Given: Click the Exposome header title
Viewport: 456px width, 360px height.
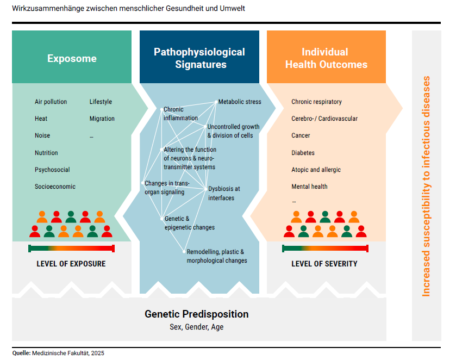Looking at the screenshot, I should (72, 59).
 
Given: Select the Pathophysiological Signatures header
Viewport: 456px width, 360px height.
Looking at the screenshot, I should (199, 58).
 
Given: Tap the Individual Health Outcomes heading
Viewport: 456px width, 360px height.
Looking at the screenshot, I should (326, 58).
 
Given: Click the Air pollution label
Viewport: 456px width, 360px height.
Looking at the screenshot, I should (51, 102).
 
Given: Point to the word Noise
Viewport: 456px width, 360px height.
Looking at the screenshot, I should (42, 136).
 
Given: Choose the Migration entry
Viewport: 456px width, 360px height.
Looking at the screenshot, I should (102, 119).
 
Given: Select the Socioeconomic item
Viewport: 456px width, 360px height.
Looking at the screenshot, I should (55, 187).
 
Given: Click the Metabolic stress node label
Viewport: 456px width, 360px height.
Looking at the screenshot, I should (240, 102).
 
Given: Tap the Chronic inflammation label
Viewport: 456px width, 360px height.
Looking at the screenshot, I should (180, 114).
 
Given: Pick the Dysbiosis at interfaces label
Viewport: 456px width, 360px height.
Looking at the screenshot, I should (224, 193).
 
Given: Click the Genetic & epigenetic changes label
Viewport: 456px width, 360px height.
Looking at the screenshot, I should (189, 223).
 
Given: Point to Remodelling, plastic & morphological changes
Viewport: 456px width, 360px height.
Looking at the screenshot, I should (216, 256).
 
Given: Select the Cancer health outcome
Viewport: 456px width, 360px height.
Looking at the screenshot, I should (301, 135).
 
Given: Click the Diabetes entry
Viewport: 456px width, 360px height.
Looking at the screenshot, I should (303, 153).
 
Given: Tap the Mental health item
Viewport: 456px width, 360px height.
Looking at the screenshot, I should (309, 187).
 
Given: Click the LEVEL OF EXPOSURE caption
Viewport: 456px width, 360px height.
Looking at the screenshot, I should (71, 264).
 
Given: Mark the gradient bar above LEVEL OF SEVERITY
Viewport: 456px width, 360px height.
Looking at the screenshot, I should (326, 249).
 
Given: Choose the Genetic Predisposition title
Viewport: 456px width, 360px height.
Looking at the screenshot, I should (196, 314).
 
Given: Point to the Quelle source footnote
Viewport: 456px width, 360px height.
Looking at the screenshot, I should (58, 353).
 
